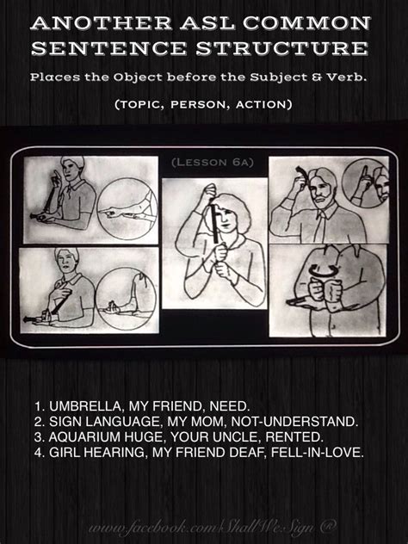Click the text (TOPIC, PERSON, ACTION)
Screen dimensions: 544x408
pos(204,103)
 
